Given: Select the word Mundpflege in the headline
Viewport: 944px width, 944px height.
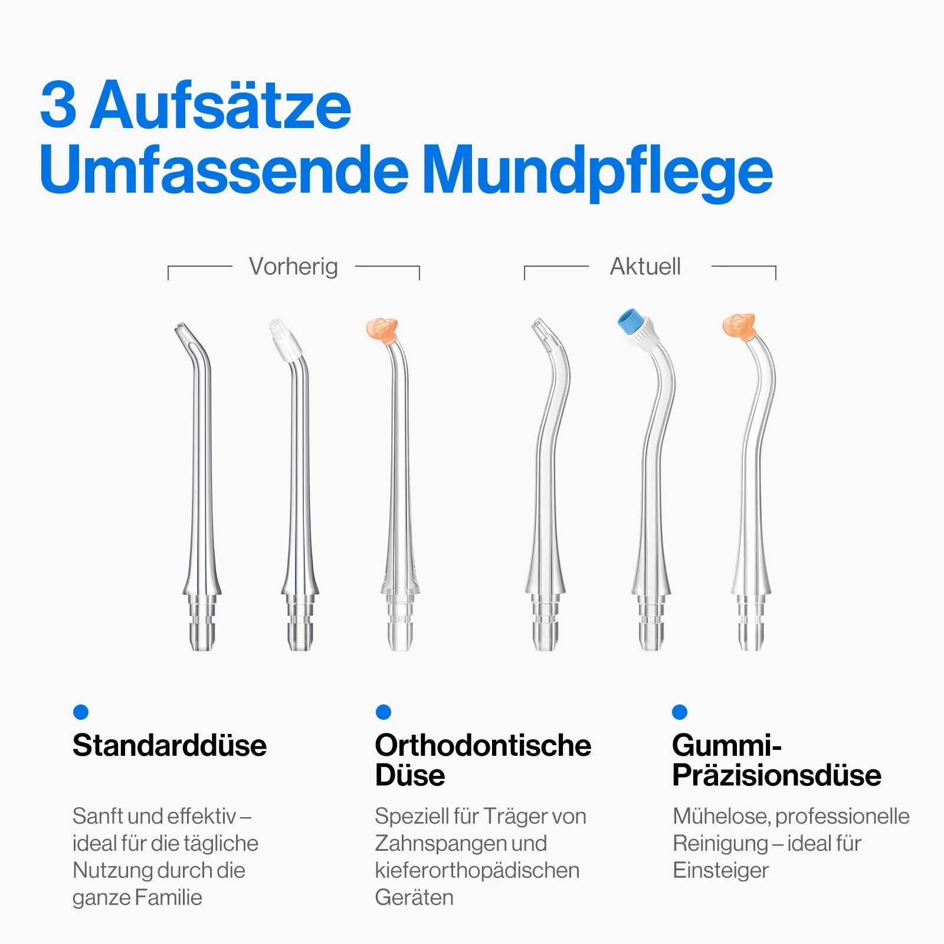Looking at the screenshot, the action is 597,171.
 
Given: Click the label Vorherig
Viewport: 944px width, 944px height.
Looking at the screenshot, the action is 293,267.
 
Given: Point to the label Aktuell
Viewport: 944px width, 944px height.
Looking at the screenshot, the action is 645,267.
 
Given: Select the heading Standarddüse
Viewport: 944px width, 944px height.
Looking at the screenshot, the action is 170,745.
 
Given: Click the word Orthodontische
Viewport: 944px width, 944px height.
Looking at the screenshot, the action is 483,745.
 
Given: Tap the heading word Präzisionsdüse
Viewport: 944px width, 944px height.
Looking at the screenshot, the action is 777,775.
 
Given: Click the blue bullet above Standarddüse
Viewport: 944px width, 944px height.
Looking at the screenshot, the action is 81,712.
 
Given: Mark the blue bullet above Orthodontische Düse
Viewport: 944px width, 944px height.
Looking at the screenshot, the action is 383,712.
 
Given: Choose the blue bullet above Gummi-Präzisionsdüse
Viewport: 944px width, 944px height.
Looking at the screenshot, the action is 680,712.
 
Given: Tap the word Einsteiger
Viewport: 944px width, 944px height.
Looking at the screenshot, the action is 721,870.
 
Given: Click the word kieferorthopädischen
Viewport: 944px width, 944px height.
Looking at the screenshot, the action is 477,871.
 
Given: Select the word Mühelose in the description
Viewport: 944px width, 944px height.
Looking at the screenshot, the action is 722,817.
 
